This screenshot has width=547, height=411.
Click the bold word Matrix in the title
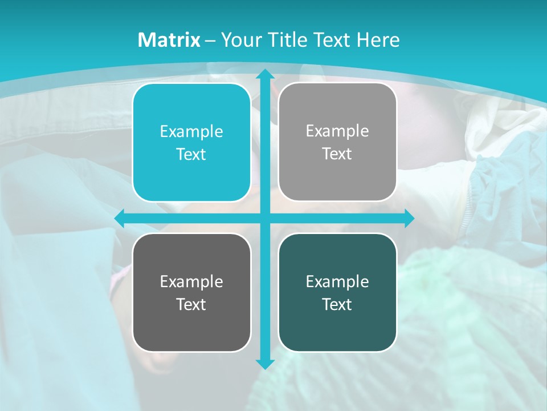coord(169,40)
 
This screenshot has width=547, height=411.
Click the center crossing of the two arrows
coord(264,218)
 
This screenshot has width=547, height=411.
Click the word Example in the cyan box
coord(191,132)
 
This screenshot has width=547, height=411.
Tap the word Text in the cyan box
coord(191,155)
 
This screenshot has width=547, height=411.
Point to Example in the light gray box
coord(337,131)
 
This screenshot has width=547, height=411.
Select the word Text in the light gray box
coord(337,154)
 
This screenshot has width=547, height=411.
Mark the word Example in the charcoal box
coord(191,282)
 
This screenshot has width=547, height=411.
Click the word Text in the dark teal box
coord(337,305)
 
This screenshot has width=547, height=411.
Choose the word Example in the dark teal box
coord(337,282)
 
